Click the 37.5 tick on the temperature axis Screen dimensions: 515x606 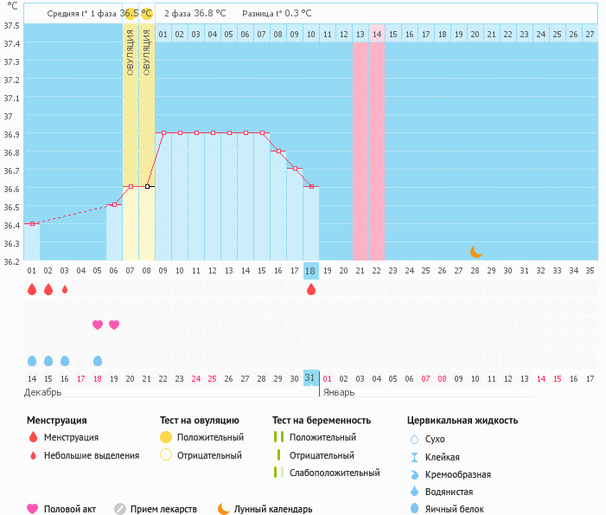tap(11, 25)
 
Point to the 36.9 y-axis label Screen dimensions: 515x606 tap(11, 134)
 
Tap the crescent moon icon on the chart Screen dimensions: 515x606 tap(476, 251)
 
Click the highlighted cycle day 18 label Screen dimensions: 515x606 tap(311, 271)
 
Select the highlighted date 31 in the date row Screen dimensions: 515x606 tap(311, 378)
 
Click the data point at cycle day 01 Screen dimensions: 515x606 tap(32, 223)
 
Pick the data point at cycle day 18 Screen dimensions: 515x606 tap(311, 187)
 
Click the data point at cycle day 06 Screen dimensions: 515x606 tap(114, 204)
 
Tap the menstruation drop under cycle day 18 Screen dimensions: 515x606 tap(311, 289)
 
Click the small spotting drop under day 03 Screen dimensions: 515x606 tap(65, 289)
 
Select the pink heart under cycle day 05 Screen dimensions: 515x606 tap(98, 325)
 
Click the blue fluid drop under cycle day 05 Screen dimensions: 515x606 tap(98, 360)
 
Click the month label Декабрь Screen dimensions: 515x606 tap(43, 392)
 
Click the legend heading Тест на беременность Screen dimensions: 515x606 tap(321, 420)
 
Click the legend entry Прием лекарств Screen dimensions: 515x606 tap(163, 509)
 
